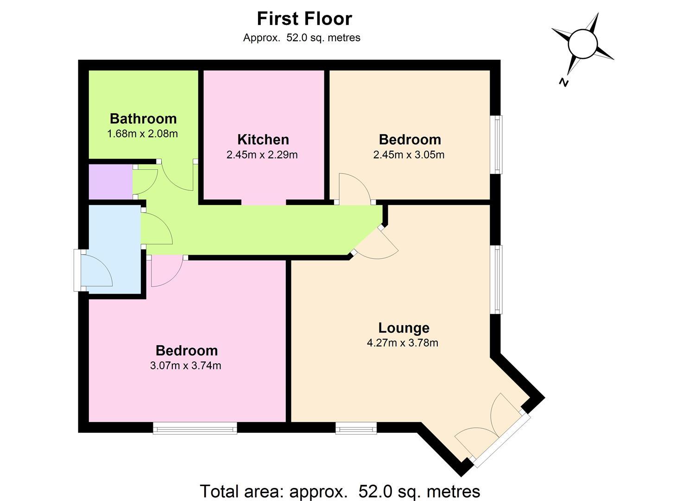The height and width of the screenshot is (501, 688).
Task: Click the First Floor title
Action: [304, 19]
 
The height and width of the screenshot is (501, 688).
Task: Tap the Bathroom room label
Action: [144, 119]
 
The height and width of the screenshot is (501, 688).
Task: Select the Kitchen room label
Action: [263, 140]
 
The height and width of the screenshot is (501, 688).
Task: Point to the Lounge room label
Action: [404, 328]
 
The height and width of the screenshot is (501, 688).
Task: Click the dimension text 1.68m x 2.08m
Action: [143, 134]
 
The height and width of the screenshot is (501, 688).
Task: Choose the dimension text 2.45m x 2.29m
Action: [262, 154]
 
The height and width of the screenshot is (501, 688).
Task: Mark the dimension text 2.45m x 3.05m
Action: [409, 154]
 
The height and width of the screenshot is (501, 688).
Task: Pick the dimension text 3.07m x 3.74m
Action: [185, 366]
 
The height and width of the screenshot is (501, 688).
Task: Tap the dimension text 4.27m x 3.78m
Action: [403, 343]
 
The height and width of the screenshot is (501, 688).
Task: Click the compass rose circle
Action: [583, 44]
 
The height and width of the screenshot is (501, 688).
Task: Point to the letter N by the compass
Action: [564, 83]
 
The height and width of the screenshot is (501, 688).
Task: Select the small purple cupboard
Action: [111, 182]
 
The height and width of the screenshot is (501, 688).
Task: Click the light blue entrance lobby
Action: [115, 250]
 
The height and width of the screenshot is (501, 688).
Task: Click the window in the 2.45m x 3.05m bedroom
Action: [496, 145]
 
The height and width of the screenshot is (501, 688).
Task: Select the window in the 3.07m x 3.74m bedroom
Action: [195, 428]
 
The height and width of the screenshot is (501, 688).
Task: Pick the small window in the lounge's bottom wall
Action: [356, 428]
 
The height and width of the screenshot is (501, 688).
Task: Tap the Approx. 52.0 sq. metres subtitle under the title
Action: [302, 38]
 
